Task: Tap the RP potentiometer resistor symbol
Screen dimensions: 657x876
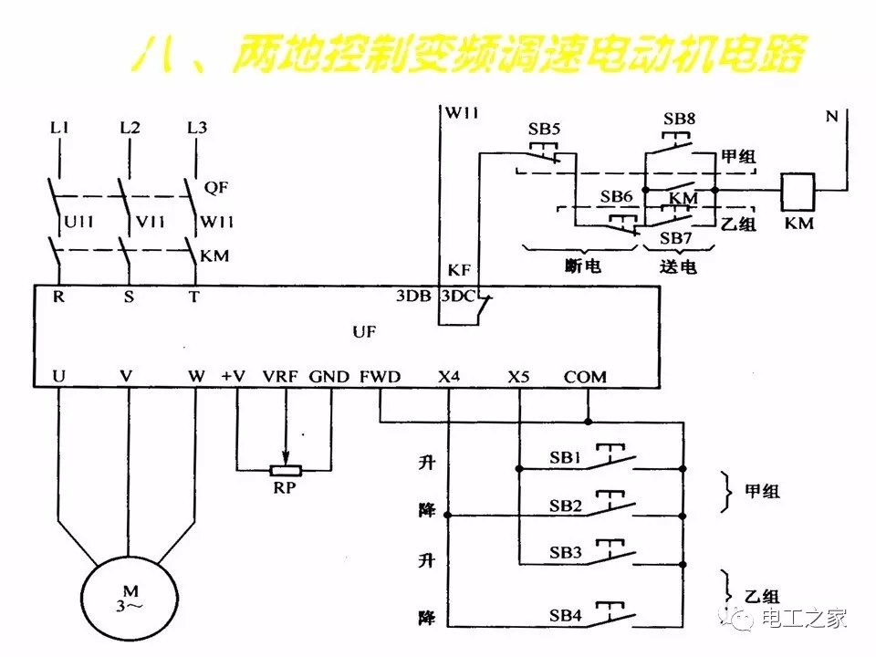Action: (286, 470)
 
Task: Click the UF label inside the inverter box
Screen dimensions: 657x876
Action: (364, 332)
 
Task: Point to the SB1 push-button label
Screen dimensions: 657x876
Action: (566, 457)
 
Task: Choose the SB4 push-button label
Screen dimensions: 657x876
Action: (566, 616)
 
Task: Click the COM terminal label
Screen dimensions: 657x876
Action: (585, 376)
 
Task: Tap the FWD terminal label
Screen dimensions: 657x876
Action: (380, 376)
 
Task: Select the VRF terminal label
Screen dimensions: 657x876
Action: (280, 376)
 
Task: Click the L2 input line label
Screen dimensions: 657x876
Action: (130, 128)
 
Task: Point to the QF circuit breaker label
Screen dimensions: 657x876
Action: (216, 188)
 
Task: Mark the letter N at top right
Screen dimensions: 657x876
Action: (831, 116)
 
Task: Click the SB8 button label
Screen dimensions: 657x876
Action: (679, 119)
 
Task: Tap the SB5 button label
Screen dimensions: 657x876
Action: (544, 130)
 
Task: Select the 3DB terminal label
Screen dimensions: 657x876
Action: (412, 297)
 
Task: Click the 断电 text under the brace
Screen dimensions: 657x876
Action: (584, 266)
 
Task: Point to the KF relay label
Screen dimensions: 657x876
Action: (458, 271)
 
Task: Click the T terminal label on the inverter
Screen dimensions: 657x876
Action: (193, 297)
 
